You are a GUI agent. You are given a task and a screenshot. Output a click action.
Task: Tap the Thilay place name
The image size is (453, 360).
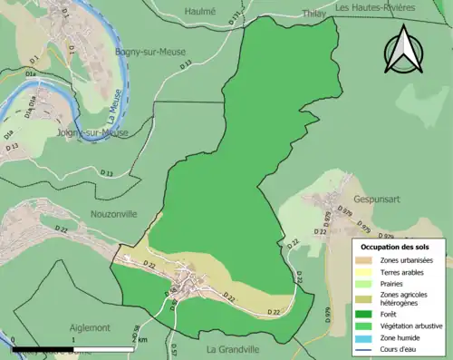coord(313,14)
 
